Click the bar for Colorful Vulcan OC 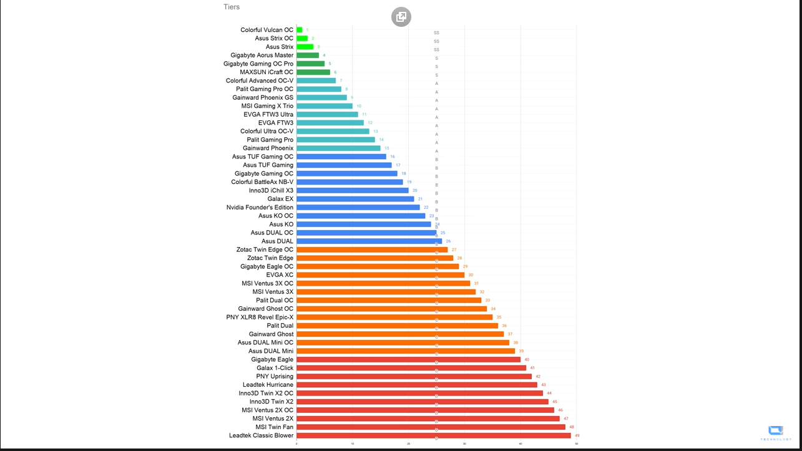tap(300, 30)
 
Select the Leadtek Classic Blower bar tap(433, 435)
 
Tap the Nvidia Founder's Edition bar tap(358, 207)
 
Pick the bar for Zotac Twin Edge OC tap(372, 250)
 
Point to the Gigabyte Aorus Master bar tap(308, 56)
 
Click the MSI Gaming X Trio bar tap(325, 106)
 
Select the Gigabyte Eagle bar tap(408, 359)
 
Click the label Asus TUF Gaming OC tap(262, 157)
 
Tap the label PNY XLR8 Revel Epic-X tap(260, 317)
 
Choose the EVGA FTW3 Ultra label tap(268, 115)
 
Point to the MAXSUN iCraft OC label tap(267, 72)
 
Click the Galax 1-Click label tap(275, 368)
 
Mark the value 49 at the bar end tap(577, 435)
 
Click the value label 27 tap(454, 250)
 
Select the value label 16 tap(392, 157)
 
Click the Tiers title tap(232, 7)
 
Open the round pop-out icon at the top tap(401, 17)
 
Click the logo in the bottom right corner tap(776, 432)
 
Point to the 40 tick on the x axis tap(521, 444)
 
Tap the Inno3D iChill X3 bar tap(352, 190)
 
